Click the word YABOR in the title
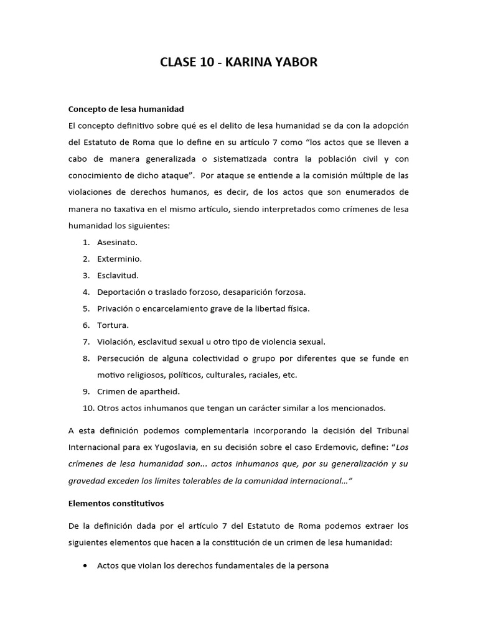click(x=294, y=62)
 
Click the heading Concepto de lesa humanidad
click(x=126, y=109)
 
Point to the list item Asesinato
click(x=117, y=242)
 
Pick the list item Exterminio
click(x=119, y=258)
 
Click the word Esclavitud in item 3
click(x=118, y=275)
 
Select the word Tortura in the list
click(x=113, y=325)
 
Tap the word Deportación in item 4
click(x=121, y=292)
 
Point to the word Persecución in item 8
click(x=123, y=358)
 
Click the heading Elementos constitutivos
click(x=116, y=503)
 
